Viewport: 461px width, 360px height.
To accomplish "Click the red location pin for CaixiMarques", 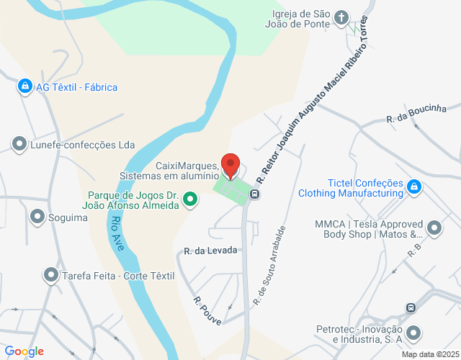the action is point(230,165).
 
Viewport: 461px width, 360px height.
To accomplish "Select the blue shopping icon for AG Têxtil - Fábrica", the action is point(25,87).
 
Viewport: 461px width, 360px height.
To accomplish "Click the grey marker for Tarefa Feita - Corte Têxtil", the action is point(50,274).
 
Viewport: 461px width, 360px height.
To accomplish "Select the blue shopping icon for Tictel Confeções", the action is point(414,187).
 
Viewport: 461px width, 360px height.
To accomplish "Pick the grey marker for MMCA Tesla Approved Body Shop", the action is point(434,228).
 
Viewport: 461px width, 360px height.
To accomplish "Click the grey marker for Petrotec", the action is point(413,333).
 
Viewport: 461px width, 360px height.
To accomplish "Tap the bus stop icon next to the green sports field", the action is point(255,193).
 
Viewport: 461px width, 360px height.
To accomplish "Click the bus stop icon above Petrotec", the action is point(410,307).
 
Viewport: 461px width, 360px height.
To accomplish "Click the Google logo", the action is point(24,351).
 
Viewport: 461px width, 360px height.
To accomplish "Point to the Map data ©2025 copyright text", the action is point(429,354).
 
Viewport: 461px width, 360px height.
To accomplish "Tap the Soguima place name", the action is point(68,217).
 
